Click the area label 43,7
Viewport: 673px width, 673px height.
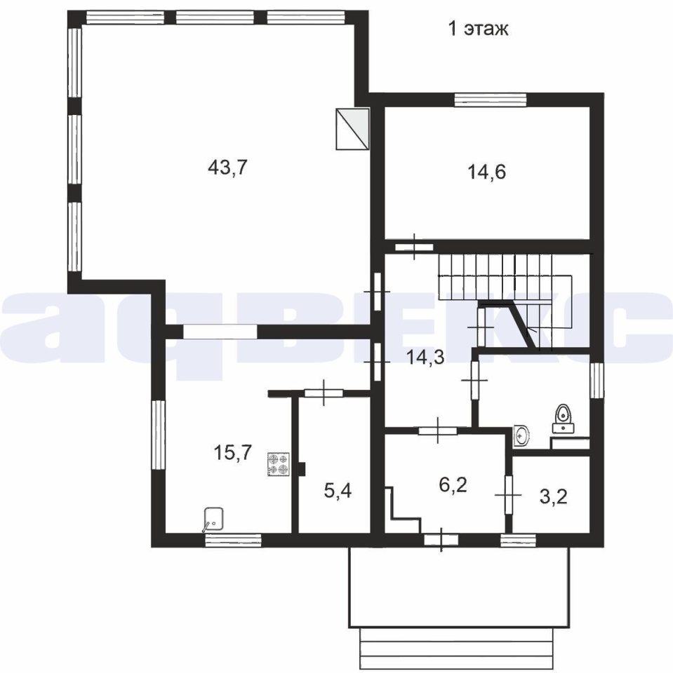(228, 168)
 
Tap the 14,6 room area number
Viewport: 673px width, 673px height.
(486, 172)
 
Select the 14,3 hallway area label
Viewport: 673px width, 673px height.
(425, 357)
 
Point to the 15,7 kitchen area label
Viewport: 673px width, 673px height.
(232, 452)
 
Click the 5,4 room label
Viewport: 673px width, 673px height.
(338, 491)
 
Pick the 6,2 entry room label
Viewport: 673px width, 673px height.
(453, 485)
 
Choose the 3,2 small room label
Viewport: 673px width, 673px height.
(553, 496)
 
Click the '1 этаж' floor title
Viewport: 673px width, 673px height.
(479, 29)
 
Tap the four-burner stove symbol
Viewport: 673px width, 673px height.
(278, 464)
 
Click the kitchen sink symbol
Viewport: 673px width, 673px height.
(213, 519)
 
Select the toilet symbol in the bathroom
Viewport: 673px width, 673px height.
(563, 419)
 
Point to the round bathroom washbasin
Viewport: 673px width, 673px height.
(521, 435)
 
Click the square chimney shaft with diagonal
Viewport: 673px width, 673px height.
(352, 128)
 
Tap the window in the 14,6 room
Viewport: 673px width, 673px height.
(491, 100)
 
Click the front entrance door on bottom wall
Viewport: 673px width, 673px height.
(441, 540)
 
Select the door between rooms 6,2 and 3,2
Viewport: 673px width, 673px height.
(508, 494)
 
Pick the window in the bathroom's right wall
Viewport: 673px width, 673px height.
(597, 380)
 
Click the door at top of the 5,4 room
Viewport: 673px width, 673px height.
(324, 393)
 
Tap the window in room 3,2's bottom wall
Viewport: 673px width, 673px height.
(519, 540)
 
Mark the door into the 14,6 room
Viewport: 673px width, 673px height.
(414, 247)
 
